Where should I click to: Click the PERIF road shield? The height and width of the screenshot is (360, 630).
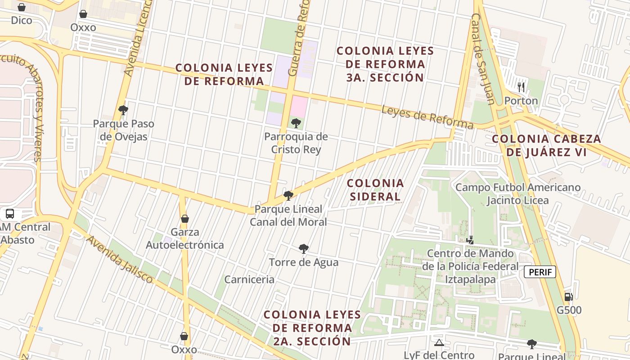(x=540, y=272)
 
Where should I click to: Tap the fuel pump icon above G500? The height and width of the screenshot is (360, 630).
(x=569, y=297)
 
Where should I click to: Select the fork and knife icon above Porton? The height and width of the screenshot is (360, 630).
(x=521, y=87)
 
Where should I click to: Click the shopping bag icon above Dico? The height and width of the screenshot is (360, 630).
(x=21, y=7)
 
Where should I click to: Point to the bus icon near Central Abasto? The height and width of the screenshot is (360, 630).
(x=10, y=214)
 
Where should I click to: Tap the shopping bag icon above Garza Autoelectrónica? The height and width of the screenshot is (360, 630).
(x=184, y=219)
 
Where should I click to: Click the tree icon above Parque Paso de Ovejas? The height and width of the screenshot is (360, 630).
(x=123, y=110)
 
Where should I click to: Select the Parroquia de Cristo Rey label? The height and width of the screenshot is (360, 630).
(x=296, y=143)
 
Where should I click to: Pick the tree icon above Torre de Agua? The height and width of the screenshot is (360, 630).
(x=304, y=248)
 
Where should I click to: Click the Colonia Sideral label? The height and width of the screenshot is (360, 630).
(x=375, y=190)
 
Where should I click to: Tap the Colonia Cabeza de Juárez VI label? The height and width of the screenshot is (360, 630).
(x=546, y=145)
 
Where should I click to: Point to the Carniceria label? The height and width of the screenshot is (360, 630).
(x=249, y=279)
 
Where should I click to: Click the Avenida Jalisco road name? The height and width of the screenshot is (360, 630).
(x=120, y=259)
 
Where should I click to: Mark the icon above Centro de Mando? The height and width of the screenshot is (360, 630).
(x=470, y=240)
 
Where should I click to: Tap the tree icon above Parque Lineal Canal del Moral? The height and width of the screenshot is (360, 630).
(x=288, y=195)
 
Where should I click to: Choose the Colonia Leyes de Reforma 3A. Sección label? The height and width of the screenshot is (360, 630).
(x=385, y=64)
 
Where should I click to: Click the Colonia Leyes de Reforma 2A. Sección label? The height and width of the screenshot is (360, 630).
(x=312, y=328)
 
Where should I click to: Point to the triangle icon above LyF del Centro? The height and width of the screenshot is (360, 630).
(x=439, y=343)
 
